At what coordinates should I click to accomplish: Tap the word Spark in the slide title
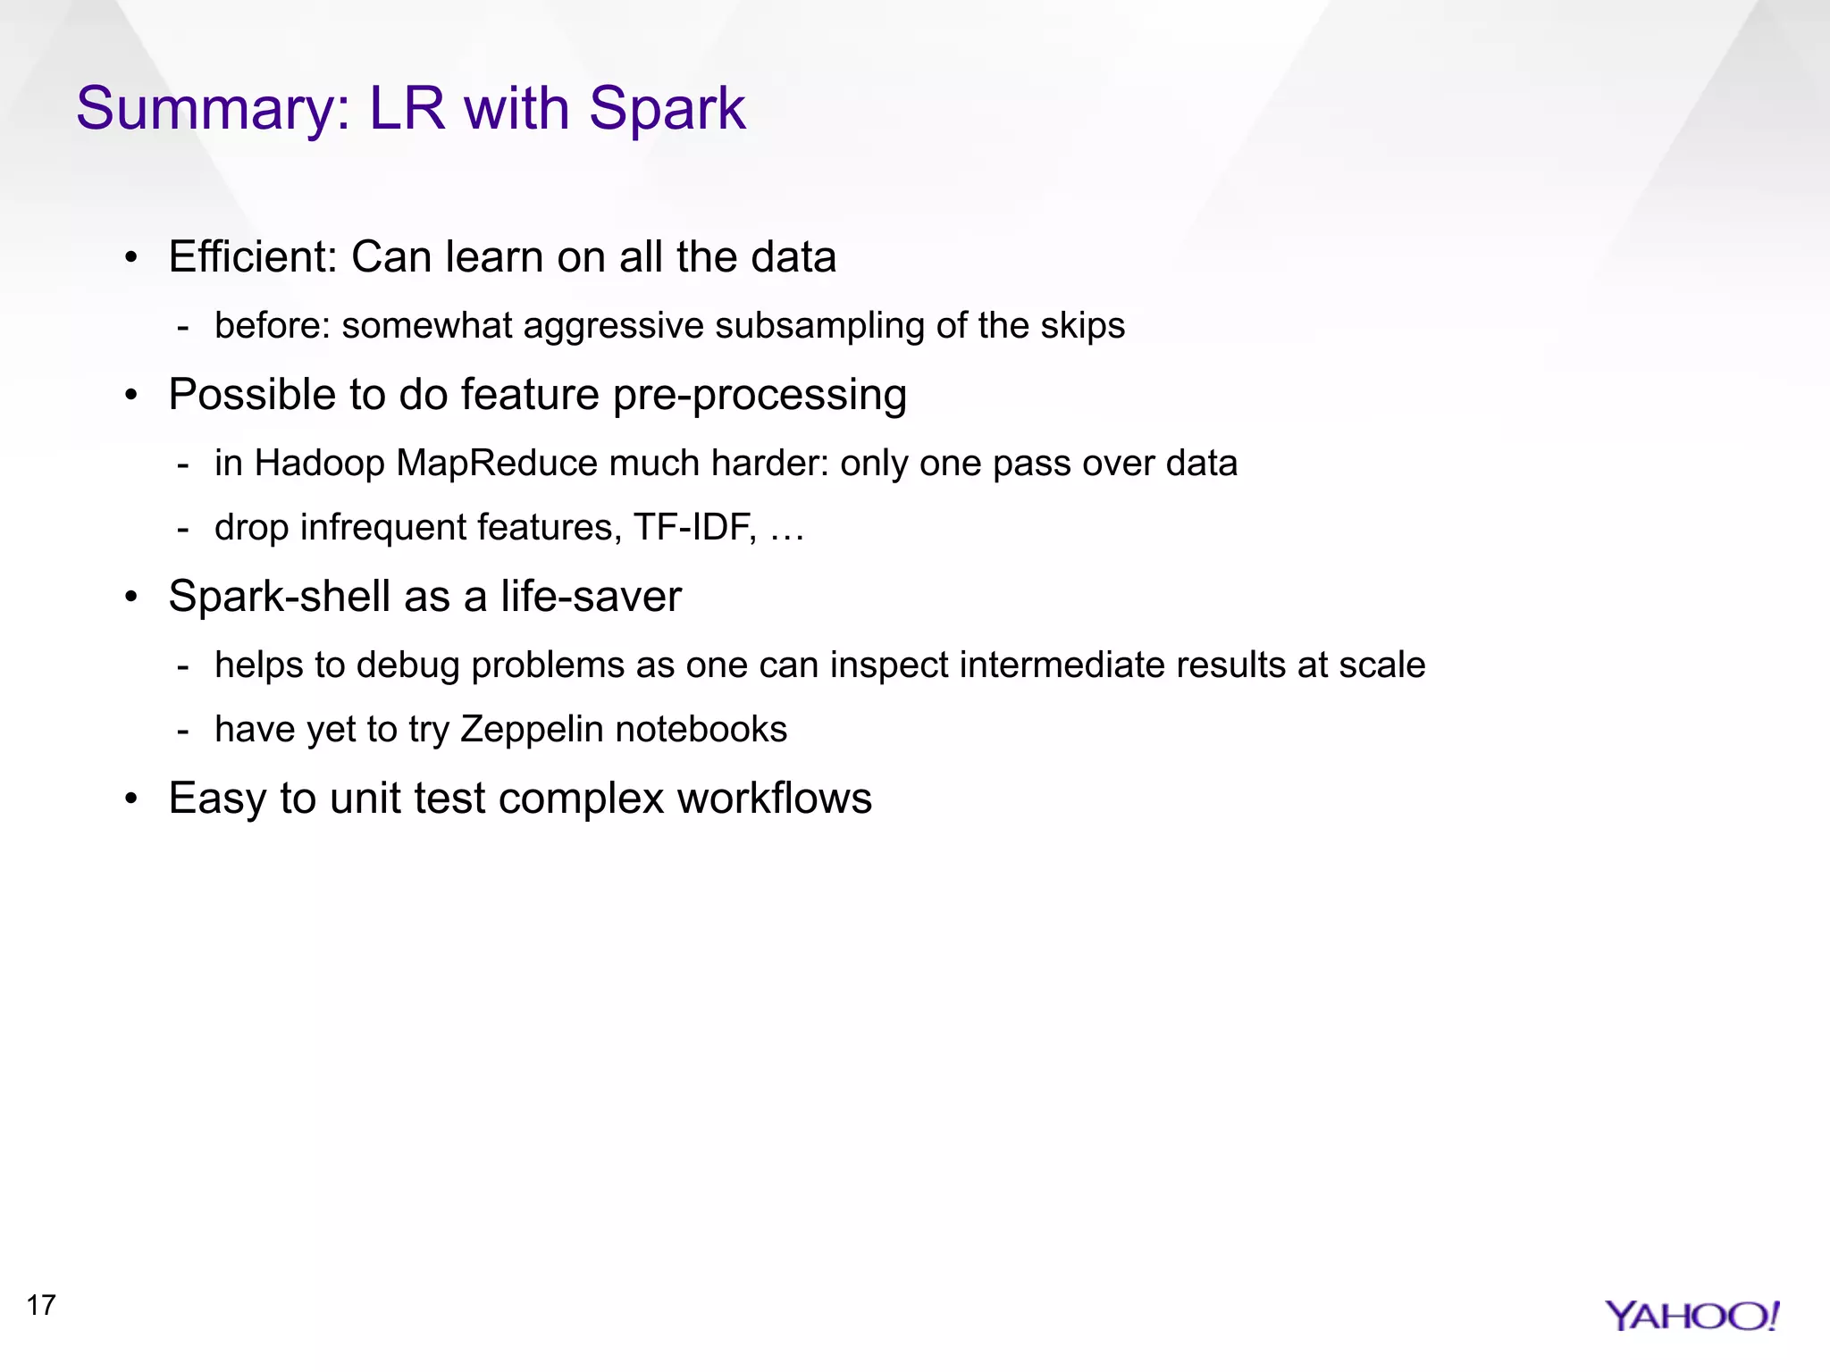(667, 108)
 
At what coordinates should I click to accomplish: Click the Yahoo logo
(1691, 1316)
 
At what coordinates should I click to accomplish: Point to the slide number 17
(41, 1305)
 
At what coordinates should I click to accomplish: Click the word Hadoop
(319, 464)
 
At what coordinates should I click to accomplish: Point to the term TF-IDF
(694, 527)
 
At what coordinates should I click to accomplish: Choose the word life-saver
(591, 596)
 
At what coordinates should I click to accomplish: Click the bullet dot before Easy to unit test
(131, 799)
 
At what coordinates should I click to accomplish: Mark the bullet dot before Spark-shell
(131, 597)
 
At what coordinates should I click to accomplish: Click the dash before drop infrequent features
(183, 529)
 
